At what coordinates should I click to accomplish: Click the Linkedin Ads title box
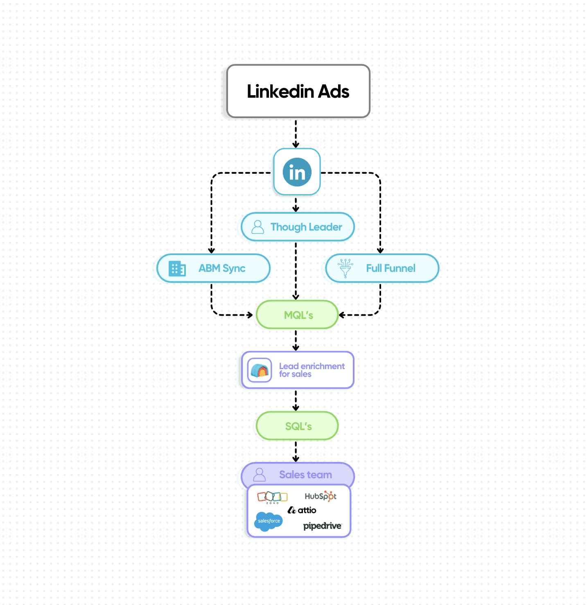tap(298, 91)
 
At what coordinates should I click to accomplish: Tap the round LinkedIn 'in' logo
tap(297, 172)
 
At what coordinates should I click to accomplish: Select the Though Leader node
tap(298, 227)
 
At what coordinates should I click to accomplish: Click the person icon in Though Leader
tap(257, 227)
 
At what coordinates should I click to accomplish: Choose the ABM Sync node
tap(213, 268)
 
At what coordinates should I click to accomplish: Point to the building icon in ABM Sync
tap(177, 269)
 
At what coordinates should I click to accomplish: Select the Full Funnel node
tap(382, 268)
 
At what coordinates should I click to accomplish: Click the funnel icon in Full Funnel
tap(345, 268)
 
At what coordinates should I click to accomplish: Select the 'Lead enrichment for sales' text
tap(312, 370)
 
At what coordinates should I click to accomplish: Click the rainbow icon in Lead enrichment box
tap(260, 370)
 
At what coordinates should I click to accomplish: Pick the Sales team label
tap(305, 475)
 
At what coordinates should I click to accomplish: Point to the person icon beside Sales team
tap(259, 475)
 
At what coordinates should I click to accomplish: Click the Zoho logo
tap(272, 497)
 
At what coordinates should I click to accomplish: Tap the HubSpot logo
tap(321, 496)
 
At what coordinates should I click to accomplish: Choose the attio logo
tap(302, 510)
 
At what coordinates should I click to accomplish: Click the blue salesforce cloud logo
tap(268, 521)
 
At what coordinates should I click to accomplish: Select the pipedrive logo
tap(322, 526)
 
